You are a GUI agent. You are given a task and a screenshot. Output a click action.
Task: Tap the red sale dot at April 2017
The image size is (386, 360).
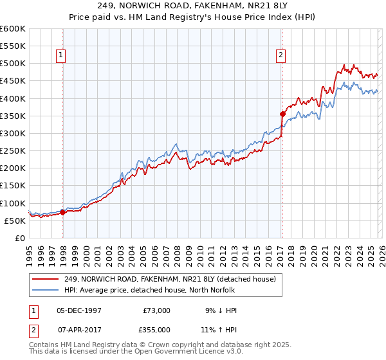point(282,114)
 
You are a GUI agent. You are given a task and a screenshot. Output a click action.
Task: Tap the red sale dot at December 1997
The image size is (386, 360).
point(62,212)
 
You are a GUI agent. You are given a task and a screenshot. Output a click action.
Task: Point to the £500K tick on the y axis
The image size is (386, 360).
point(13,64)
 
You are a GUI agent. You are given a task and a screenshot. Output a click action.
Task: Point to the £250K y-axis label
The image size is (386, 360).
point(13,150)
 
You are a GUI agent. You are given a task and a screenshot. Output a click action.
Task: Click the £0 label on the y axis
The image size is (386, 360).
point(19,238)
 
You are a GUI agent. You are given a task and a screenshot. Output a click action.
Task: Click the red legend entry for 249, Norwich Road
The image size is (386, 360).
point(170,278)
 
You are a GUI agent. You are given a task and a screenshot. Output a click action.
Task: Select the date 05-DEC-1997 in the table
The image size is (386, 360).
point(79,310)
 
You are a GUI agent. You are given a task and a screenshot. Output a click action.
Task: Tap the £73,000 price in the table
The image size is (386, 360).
point(156,310)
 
